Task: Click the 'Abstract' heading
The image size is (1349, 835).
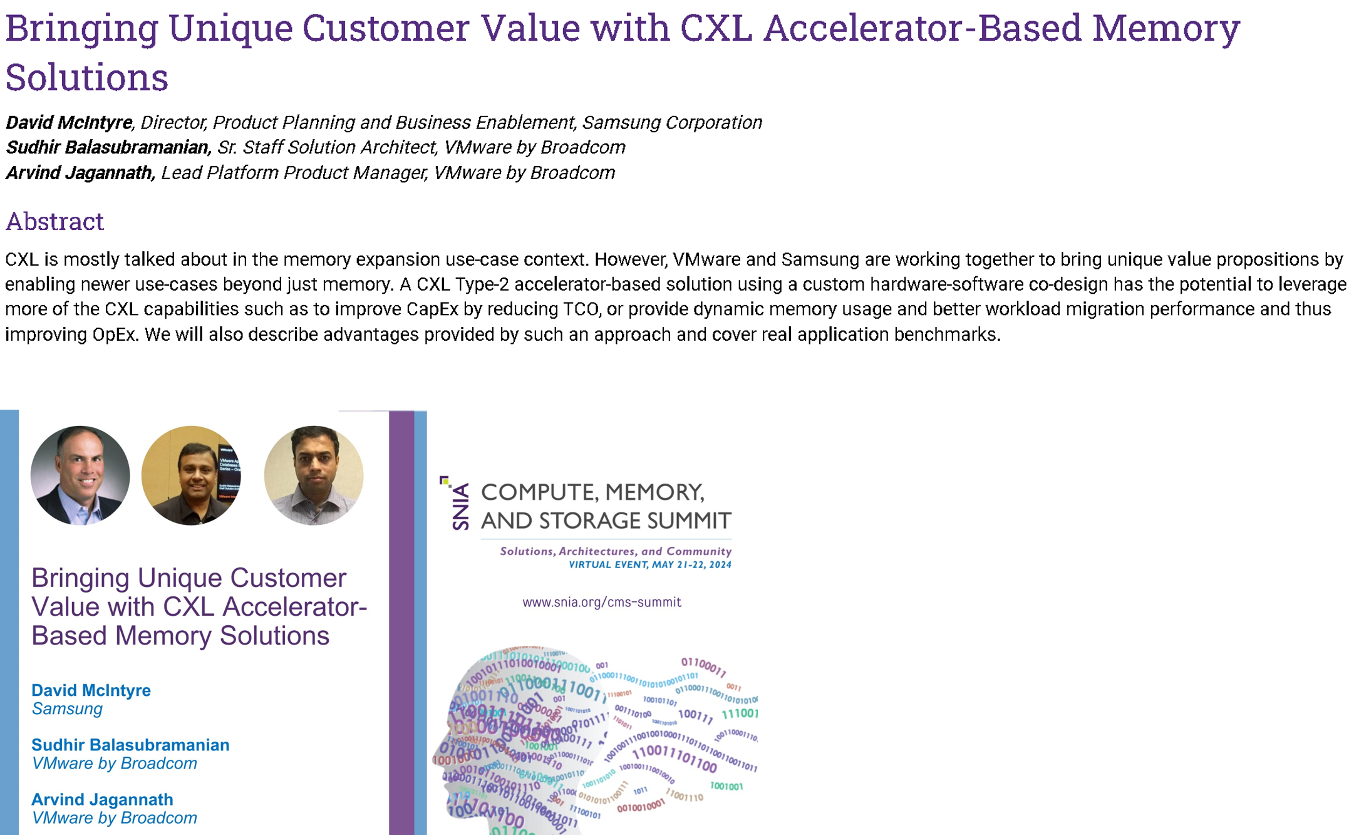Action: click(54, 222)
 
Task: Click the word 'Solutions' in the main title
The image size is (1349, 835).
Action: click(86, 78)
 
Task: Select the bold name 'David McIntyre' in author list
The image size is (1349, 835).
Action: click(69, 122)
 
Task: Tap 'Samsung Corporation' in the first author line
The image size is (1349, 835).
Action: click(672, 122)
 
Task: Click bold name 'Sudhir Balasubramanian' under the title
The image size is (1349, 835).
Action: click(108, 147)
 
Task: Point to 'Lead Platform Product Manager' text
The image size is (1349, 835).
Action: click(294, 173)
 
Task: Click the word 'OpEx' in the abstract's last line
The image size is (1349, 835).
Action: click(115, 335)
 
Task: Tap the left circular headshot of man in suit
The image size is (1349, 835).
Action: click(80, 475)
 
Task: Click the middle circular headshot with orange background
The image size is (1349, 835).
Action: click(191, 475)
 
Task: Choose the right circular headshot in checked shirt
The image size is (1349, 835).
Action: click(314, 475)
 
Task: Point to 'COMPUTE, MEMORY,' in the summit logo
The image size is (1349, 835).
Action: click(592, 492)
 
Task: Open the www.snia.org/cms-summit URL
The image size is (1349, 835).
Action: click(601, 602)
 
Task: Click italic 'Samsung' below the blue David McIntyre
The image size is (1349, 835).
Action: click(67, 709)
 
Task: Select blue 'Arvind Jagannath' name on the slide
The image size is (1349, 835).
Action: click(102, 799)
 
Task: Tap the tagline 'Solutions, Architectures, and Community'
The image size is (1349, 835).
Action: click(615, 551)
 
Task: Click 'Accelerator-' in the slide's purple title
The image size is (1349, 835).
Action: click(295, 606)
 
